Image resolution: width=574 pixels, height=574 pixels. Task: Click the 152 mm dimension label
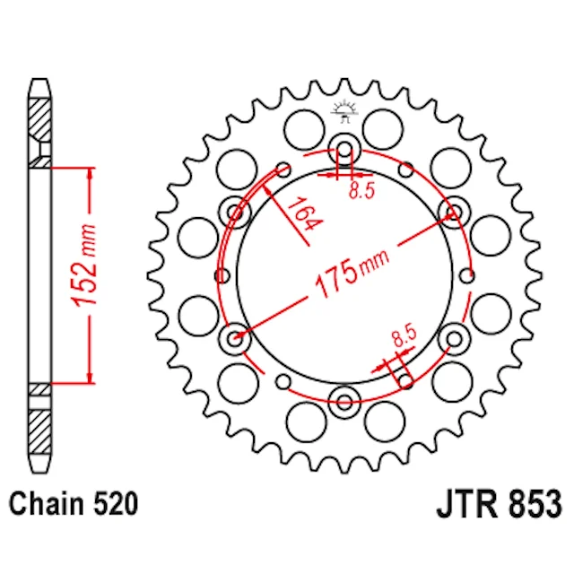(x=84, y=265)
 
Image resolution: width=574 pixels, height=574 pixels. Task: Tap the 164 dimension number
(x=305, y=214)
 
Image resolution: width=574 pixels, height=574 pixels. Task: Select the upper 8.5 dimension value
(x=361, y=190)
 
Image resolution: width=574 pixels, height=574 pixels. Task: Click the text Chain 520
(x=74, y=504)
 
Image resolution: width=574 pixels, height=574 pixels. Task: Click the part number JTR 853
(x=499, y=504)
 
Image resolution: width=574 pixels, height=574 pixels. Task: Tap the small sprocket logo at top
(x=344, y=111)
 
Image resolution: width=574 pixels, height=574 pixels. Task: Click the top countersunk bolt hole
(x=344, y=150)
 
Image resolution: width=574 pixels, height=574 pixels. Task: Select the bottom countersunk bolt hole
(x=344, y=402)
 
